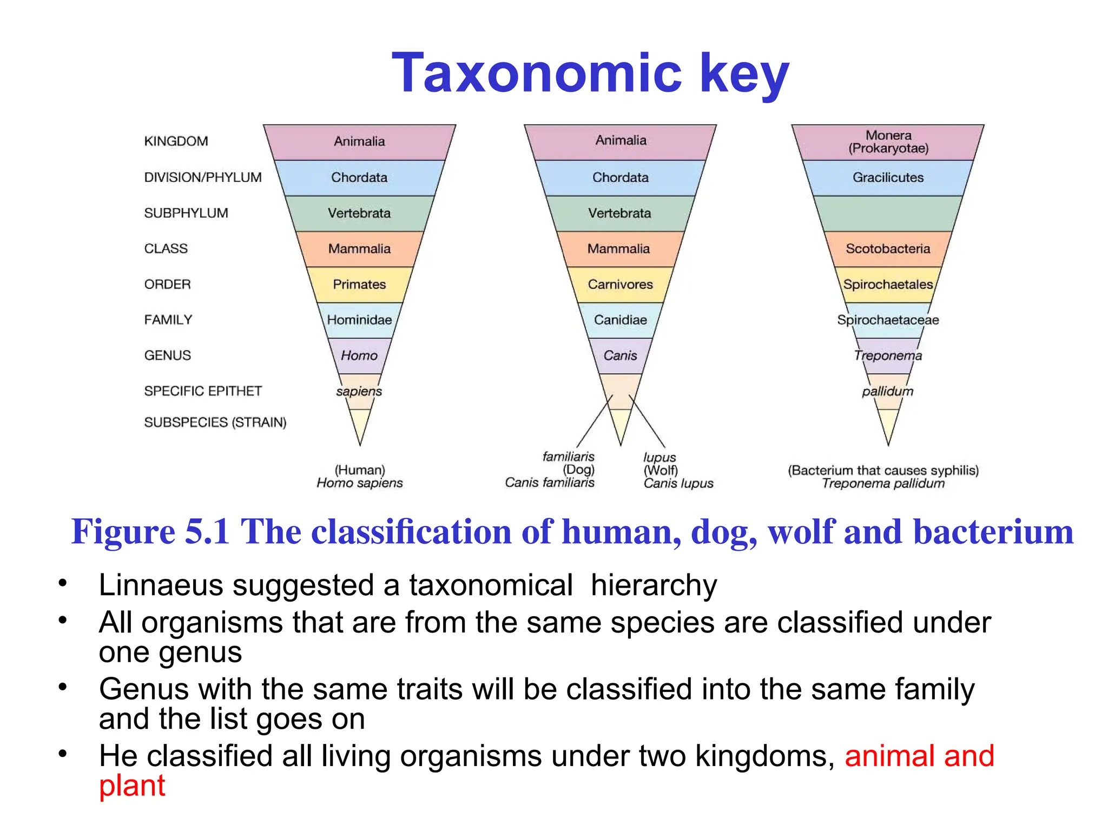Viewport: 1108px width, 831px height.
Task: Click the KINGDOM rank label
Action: point(176,141)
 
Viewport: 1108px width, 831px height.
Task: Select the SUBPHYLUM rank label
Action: point(186,213)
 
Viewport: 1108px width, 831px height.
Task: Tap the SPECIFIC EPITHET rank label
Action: point(203,391)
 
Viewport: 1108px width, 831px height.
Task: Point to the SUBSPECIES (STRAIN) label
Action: point(215,423)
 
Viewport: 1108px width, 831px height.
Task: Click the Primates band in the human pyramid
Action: point(359,285)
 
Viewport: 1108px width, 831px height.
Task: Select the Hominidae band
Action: point(359,320)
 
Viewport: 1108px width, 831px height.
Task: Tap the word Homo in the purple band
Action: point(359,356)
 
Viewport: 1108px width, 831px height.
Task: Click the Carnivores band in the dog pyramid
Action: point(620,285)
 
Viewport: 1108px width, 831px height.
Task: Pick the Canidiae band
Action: point(620,320)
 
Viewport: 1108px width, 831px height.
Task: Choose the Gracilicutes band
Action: point(888,177)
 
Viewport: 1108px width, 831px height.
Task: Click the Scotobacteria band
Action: point(888,249)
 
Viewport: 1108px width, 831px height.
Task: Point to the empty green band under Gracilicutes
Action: point(888,213)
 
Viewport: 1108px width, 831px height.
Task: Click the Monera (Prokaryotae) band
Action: point(888,142)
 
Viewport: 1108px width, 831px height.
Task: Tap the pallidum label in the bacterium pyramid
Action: point(887,391)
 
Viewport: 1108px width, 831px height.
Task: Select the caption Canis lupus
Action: point(678,484)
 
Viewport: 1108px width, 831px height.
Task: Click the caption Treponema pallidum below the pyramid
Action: point(883,484)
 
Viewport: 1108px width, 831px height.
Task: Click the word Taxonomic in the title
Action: point(536,74)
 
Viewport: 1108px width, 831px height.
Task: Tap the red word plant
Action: point(132,786)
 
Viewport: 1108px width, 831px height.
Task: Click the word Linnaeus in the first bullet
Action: point(161,585)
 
